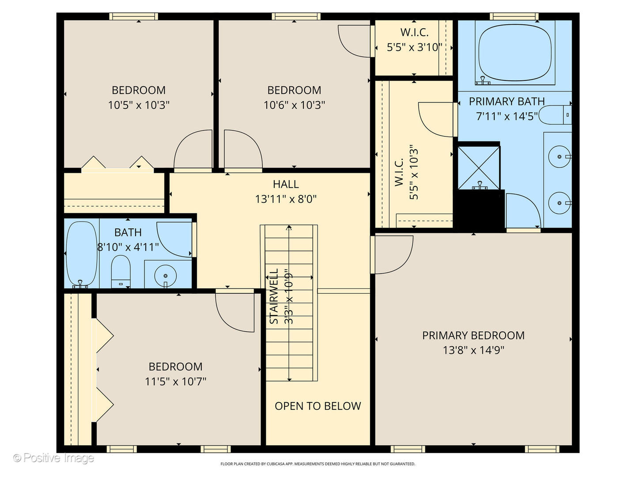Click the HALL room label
[x=285, y=184]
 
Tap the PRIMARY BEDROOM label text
[x=473, y=335]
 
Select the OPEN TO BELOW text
[x=318, y=406]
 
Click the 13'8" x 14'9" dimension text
[x=473, y=350]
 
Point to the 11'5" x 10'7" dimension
[x=175, y=382]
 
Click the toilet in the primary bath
[x=555, y=115]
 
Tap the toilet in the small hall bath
[x=121, y=271]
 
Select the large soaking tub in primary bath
[x=515, y=53]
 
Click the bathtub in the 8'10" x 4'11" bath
[x=81, y=254]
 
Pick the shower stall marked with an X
[x=479, y=168]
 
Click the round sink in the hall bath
[x=166, y=276]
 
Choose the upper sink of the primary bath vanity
[x=560, y=157]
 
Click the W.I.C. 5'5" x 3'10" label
[x=414, y=40]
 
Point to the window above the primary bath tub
[x=514, y=16]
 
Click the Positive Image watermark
[x=53, y=458]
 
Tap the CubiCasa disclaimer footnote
[x=318, y=464]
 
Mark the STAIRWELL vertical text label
[x=274, y=296]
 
